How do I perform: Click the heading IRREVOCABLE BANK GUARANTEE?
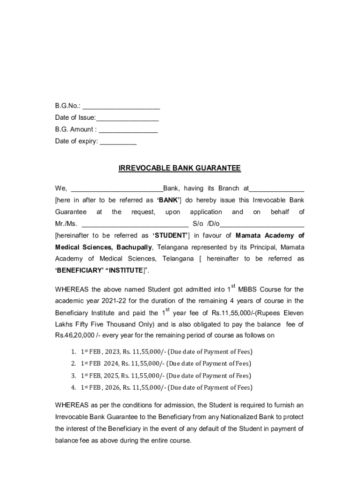[180, 168]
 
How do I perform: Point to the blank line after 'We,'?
[117, 189]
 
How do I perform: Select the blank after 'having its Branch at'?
[277, 189]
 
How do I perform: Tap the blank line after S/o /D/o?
[262, 224]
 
